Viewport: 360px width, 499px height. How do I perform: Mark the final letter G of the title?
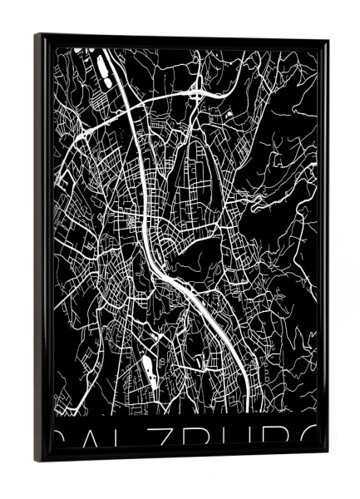(x=308, y=439)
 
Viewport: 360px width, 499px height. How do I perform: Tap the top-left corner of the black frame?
(x=37, y=35)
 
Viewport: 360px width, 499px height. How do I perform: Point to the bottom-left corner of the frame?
(x=35, y=460)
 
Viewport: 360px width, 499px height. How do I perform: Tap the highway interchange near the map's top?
(x=198, y=91)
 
